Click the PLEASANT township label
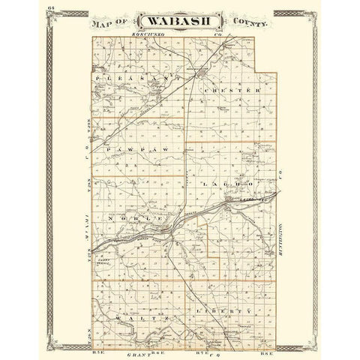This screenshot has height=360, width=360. pyautogui.click(x=135, y=76)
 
